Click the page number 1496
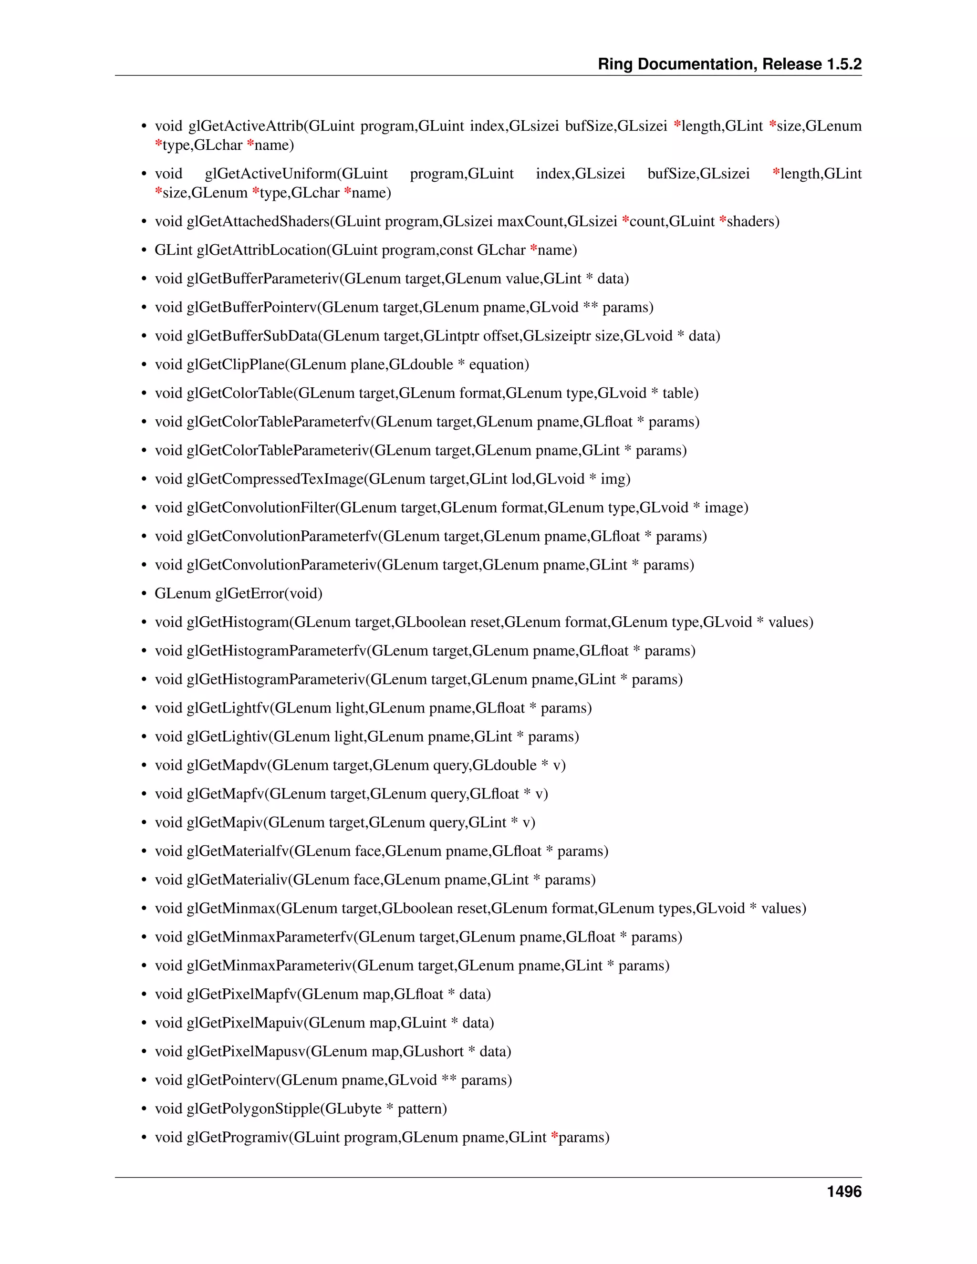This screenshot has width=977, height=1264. (x=844, y=1191)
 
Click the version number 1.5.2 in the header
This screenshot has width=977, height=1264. (x=844, y=64)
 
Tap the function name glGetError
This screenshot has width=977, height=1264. (x=252, y=593)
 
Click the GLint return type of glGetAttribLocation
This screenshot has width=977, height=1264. (x=173, y=250)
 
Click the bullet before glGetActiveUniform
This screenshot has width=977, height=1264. (x=144, y=174)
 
